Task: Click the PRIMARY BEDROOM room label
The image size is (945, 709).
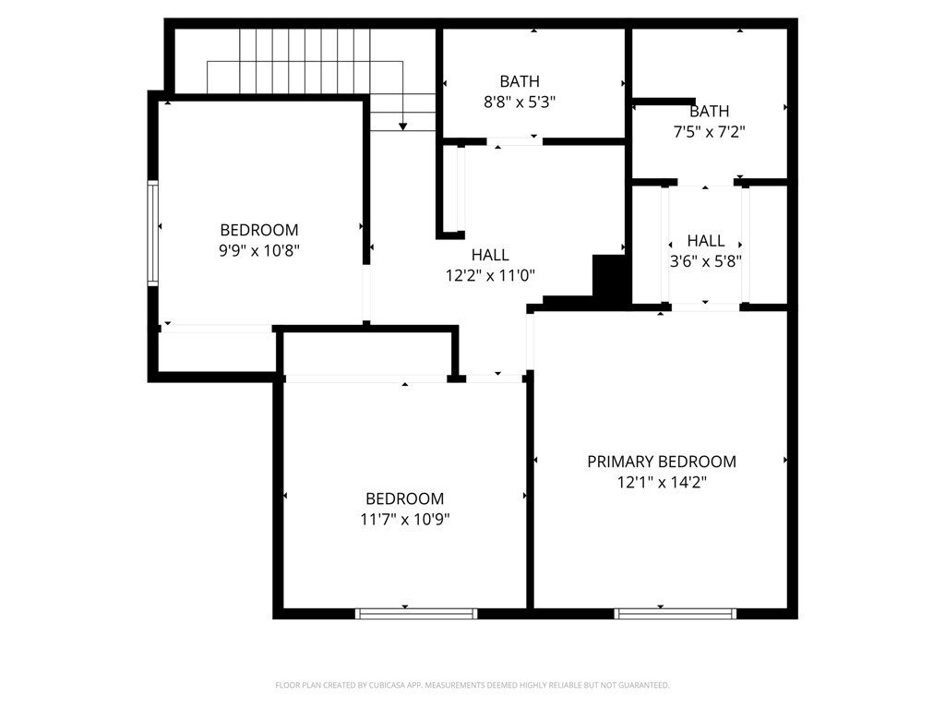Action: point(662,462)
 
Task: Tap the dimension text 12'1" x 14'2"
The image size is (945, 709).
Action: point(662,482)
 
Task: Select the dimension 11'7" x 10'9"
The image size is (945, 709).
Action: point(404,519)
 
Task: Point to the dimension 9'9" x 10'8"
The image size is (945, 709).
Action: point(259,249)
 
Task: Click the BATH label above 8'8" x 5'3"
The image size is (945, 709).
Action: point(520,81)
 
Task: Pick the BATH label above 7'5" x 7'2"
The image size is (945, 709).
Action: point(709,112)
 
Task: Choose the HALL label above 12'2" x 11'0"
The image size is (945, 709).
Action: point(490,255)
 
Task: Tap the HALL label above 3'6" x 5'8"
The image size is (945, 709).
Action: point(706,241)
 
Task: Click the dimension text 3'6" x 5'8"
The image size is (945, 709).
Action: point(706,260)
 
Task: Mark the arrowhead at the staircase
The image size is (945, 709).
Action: point(403,126)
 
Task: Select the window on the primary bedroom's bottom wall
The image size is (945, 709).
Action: point(676,613)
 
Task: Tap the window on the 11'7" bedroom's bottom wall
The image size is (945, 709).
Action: point(416,613)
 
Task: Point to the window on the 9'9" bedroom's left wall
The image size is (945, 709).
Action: point(153,232)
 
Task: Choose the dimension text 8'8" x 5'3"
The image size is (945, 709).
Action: point(520,102)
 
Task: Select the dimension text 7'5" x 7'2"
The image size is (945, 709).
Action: point(709,132)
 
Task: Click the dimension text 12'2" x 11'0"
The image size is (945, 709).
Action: point(490,275)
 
